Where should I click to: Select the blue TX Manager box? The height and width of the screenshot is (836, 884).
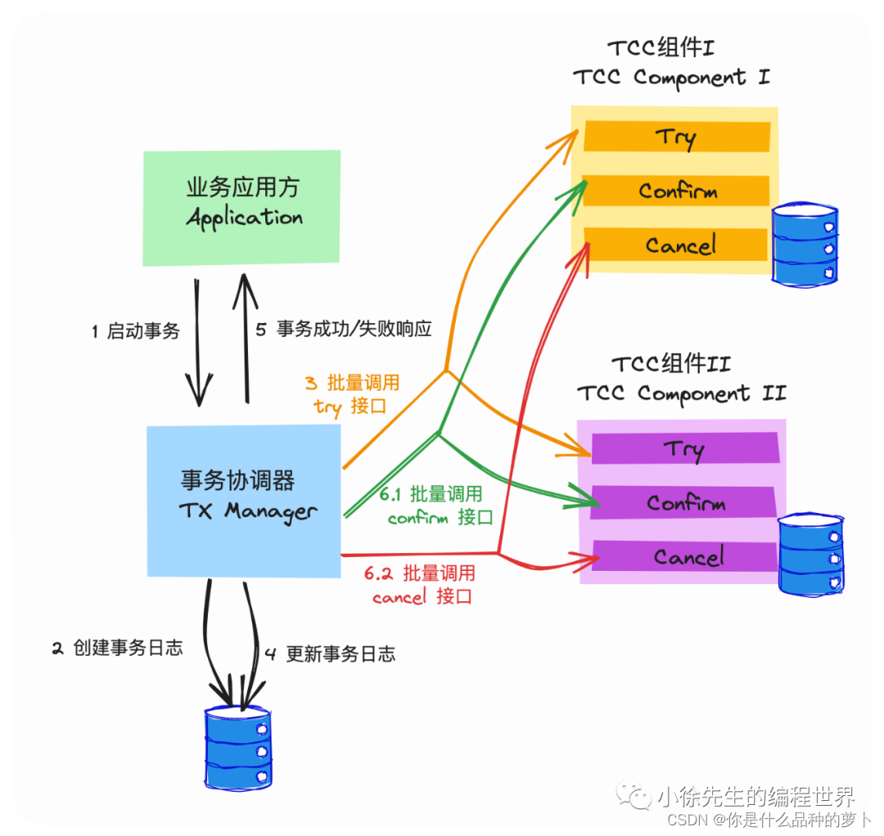(243, 500)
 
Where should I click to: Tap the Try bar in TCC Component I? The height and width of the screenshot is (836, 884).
(676, 137)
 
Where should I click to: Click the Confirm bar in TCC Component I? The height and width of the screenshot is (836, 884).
(677, 191)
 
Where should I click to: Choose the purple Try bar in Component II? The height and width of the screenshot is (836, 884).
(683, 448)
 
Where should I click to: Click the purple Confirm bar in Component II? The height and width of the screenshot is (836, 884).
(684, 502)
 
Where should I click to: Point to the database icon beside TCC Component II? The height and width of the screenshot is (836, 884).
(810, 554)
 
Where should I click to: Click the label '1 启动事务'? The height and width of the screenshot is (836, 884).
(135, 331)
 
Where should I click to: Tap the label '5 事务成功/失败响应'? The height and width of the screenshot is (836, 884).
(343, 330)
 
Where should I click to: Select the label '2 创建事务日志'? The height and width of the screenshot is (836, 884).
(117, 648)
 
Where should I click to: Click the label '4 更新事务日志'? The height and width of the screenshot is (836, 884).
(330, 654)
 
